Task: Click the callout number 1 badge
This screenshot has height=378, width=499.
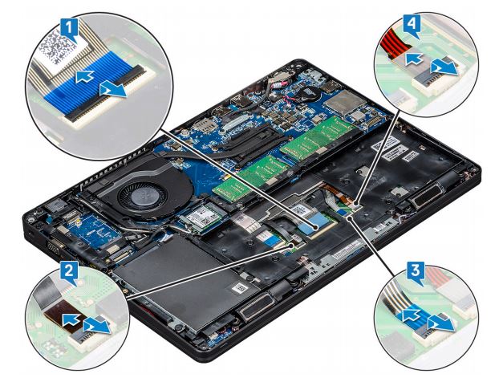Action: [68, 27]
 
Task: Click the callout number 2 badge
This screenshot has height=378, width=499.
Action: [67, 271]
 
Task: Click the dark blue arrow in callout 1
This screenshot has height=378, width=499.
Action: [84, 76]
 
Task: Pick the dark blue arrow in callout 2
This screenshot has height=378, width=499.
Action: [71, 319]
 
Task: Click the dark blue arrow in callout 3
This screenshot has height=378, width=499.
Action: [412, 316]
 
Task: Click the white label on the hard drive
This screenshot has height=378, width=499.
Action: [239, 289]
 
